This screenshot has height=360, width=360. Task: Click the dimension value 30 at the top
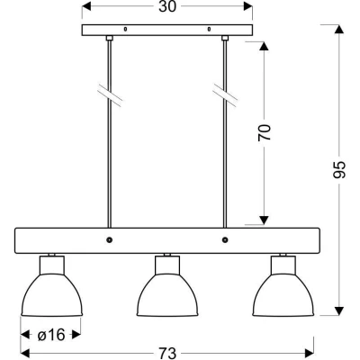tap(167, 6)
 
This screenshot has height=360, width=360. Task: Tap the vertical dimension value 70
tap(265, 132)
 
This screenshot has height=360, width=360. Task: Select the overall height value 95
tap(339, 170)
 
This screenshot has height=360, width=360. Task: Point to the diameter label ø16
tap(51, 335)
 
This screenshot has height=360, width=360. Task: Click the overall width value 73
tap(167, 353)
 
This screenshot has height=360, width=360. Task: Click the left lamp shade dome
tap(51, 294)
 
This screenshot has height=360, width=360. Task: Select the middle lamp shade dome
tap(167, 294)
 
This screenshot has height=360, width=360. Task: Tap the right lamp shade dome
tap(283, 294)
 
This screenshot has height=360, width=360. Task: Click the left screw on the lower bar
tap(110, 239)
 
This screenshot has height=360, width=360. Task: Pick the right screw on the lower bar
tap(225, 239)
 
